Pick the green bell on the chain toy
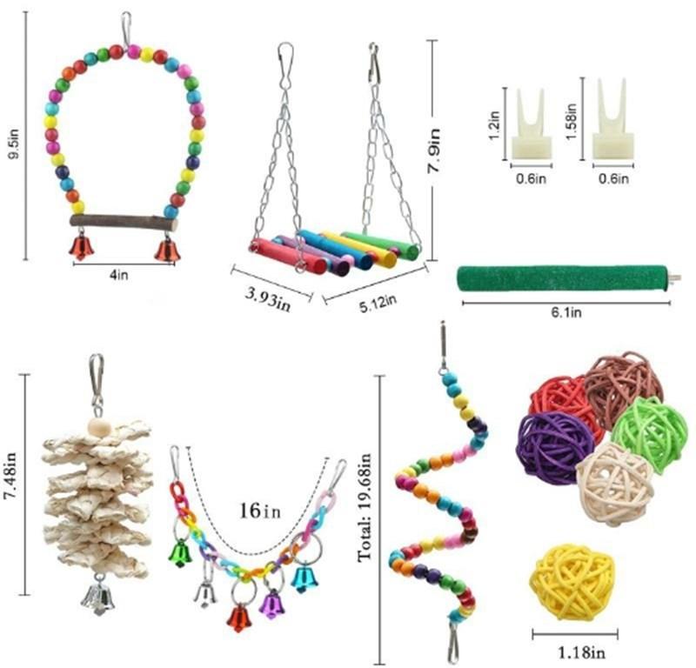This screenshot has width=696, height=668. (x=180, y=552)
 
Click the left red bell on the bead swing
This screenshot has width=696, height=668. (x=80, y=247)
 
